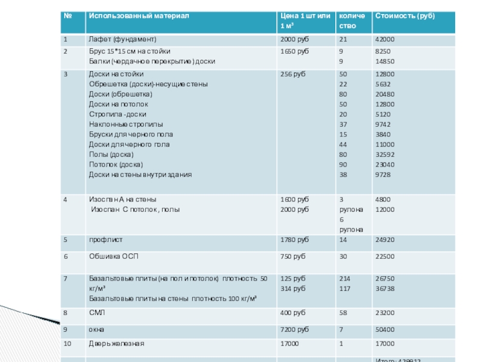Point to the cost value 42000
[385, 40]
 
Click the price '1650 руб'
[295, 51]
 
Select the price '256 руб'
[292, 74]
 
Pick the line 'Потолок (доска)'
[115, 164]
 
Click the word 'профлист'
[102, 240]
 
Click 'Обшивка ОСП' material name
[114, 256]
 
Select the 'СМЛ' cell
[96, 313]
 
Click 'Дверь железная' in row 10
[116, 343]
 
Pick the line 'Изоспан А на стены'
[122, 199]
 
